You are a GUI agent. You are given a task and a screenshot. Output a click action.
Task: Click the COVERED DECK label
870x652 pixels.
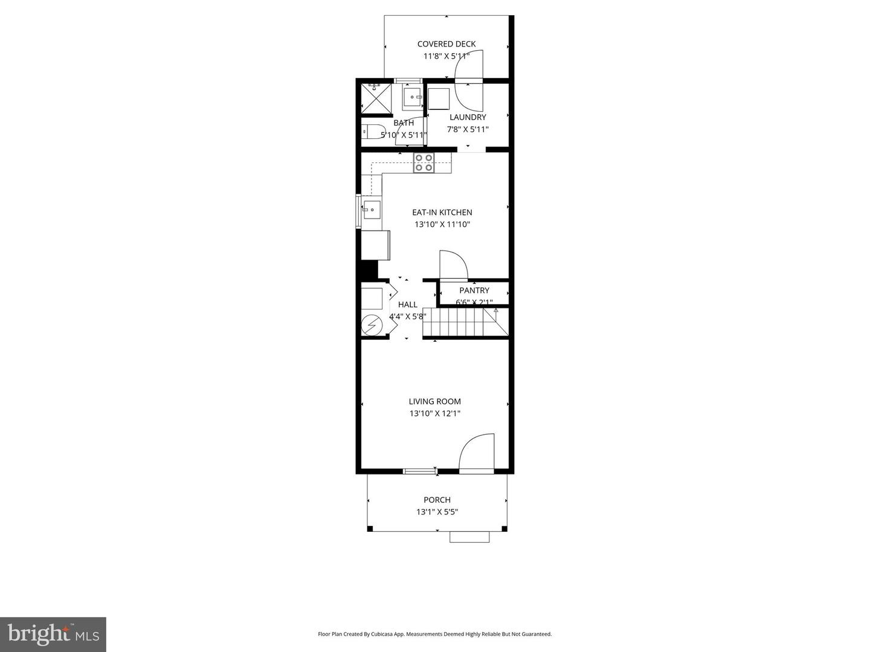(x=446, y=44)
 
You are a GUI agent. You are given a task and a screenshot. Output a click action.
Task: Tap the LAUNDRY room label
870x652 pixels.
(x=468, y=117)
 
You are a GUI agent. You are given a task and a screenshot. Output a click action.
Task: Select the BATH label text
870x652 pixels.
(x=404, y=123)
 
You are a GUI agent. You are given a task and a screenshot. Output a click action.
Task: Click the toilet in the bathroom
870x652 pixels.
(x=371, y=131)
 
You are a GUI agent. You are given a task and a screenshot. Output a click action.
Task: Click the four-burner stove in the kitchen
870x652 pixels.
(x=424, y=163)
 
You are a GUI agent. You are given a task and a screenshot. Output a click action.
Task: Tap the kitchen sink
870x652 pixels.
(x=371, y=211)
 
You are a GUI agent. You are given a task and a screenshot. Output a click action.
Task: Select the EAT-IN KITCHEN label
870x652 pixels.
(x=442, y=213)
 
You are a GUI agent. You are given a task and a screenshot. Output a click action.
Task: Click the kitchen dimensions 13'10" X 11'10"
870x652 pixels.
(x=442, y=225)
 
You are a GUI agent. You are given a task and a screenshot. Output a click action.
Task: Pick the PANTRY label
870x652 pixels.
(x=474, y=290)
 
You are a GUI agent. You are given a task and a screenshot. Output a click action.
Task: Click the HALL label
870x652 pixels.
(x=408, y=305)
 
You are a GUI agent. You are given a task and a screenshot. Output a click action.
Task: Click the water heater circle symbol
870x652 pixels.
(x=371, y=326)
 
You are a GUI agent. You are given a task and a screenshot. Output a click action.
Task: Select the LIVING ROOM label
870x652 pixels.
(x=435, y=401)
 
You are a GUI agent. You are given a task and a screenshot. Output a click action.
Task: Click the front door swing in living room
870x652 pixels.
(x=477, y=452)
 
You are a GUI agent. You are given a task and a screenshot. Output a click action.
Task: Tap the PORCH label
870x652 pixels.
(x=437, y=500)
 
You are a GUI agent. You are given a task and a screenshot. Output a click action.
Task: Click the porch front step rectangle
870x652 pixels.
(x=469, y=537)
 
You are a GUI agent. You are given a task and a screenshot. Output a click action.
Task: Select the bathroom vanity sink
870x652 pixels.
(x=414, y=96)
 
